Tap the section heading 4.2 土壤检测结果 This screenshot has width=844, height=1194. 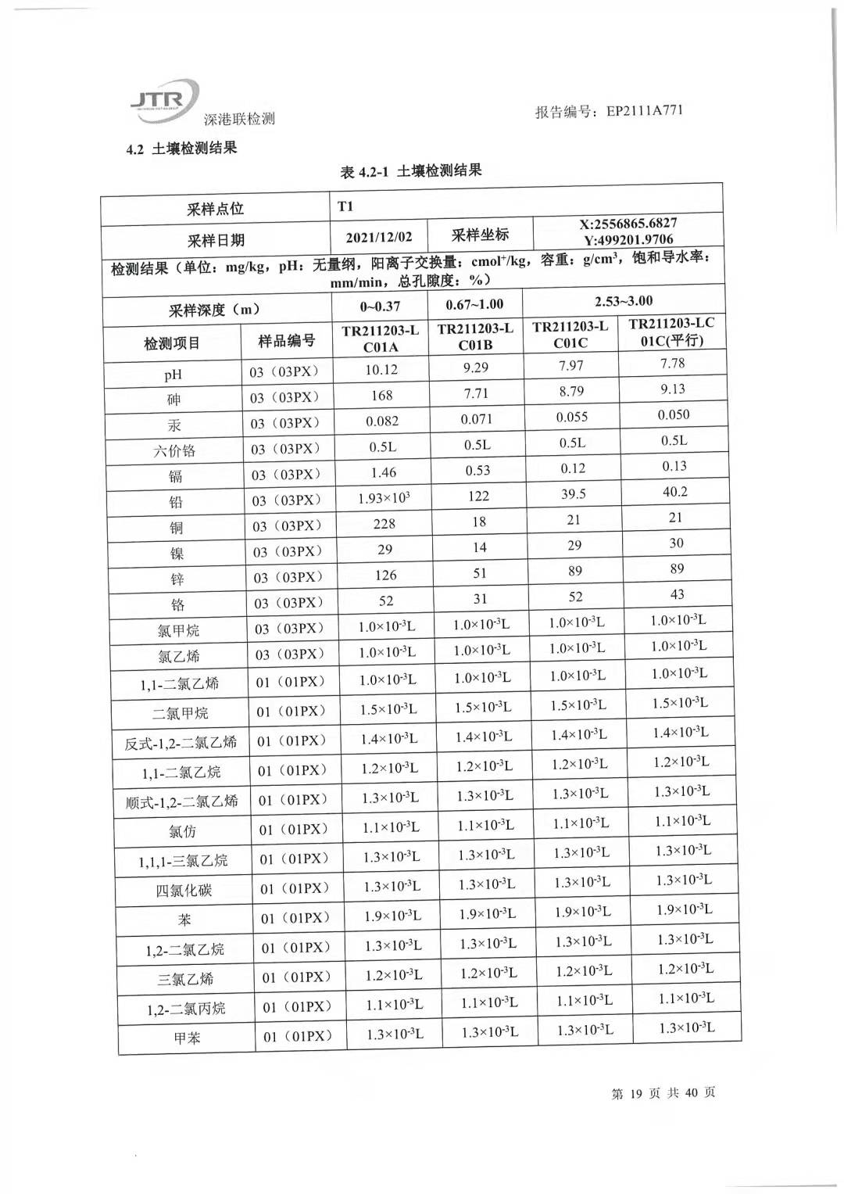coord(181,148)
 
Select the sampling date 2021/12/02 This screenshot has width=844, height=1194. coord(379,237)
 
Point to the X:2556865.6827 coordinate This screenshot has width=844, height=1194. coord(628,224)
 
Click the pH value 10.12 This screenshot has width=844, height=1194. coord(381,370)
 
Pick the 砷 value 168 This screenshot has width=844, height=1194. coord(381,396)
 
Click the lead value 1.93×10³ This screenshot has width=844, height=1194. coord(383,498)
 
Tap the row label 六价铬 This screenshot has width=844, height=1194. coord(174,451)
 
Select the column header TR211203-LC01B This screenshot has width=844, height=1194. coord(475,337)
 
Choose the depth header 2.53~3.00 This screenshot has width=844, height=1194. coord(624,302)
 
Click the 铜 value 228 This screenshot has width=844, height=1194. coord(384,524)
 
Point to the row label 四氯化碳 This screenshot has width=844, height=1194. coord(184,891)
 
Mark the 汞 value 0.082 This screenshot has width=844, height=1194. coord(382,421)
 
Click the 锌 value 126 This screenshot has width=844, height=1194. coord(385,575)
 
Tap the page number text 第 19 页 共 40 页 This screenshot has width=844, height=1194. coord(663,1092)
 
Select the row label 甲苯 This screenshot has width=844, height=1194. coord(187,1038)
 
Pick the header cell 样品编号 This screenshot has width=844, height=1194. coord(287,341)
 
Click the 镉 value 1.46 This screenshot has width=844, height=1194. coord(383,472)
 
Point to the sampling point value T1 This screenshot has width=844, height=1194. coord(345,206)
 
